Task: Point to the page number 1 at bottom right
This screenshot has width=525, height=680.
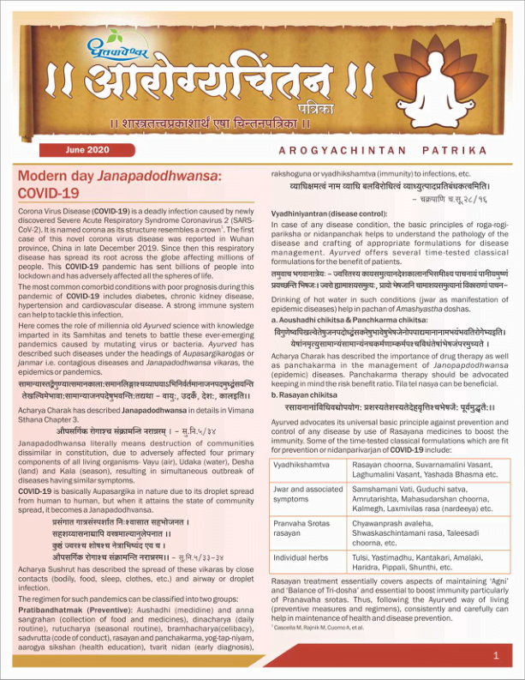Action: click(x=497, y=656)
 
